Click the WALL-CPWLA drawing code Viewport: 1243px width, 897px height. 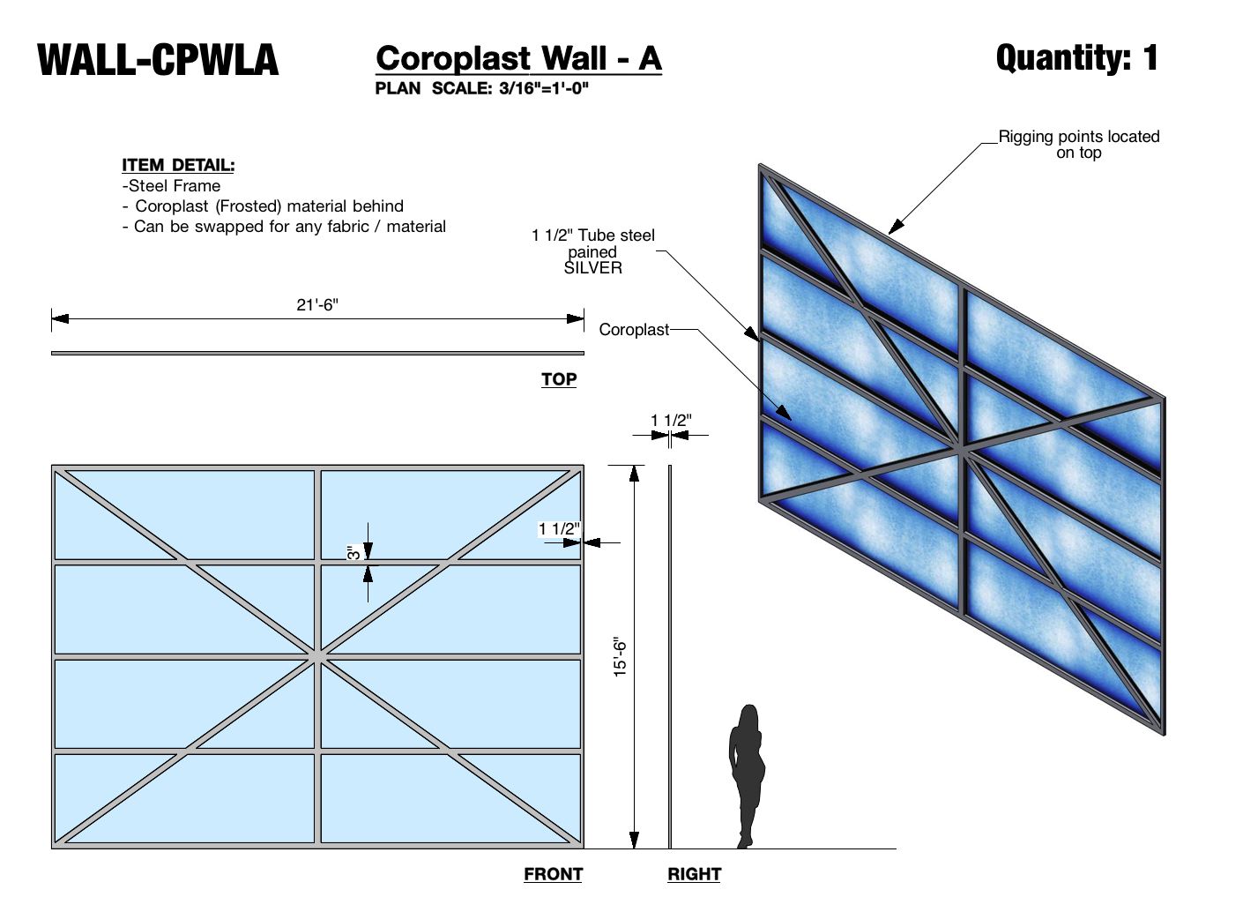158,60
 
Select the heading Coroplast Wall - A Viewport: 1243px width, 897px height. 518,58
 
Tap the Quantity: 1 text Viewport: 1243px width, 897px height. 1076,58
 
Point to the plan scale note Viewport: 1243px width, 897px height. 481,88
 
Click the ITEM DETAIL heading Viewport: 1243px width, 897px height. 178,165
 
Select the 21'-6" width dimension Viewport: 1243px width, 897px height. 317,305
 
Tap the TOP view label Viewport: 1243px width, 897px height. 559,379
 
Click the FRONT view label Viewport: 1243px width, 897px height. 553,874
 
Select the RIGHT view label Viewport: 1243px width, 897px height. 694,874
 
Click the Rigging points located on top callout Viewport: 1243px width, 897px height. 1078,144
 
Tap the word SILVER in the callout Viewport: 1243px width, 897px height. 592,268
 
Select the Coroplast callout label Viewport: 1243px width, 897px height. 634,330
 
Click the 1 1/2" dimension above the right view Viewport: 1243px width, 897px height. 671,421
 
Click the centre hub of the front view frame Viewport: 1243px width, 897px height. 317,655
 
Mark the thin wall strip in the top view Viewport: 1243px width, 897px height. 317,353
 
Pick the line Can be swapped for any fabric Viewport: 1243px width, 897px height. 284,227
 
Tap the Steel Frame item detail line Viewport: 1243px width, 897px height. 172,186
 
